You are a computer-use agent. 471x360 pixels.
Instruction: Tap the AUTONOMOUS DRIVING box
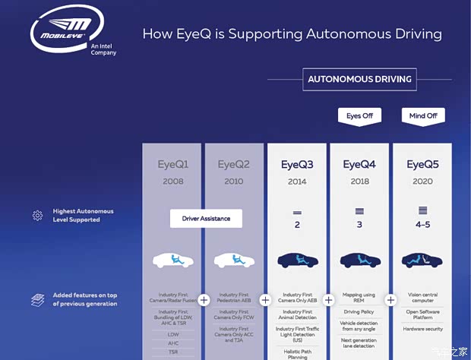359,79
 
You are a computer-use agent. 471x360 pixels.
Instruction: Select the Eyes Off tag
359,116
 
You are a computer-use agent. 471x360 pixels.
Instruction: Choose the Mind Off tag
422,116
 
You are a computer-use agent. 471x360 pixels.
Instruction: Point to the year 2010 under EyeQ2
234,182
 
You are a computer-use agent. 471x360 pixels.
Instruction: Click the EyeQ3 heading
297,164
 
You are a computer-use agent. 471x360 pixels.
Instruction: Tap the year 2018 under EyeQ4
359,182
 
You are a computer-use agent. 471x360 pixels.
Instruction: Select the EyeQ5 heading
422,164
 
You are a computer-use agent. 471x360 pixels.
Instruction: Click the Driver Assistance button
206,219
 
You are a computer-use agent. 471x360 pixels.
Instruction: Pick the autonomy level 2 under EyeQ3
297,226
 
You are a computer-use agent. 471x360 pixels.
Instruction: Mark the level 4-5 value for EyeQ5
422,226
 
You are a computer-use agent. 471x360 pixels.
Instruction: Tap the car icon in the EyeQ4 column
360,260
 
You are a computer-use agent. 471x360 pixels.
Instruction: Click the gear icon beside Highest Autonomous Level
37,216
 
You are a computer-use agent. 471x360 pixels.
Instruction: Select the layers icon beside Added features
37,299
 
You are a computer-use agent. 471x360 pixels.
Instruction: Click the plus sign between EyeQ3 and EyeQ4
328,300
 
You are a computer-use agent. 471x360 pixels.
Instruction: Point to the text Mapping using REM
359,298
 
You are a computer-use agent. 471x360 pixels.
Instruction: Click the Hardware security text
422,330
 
